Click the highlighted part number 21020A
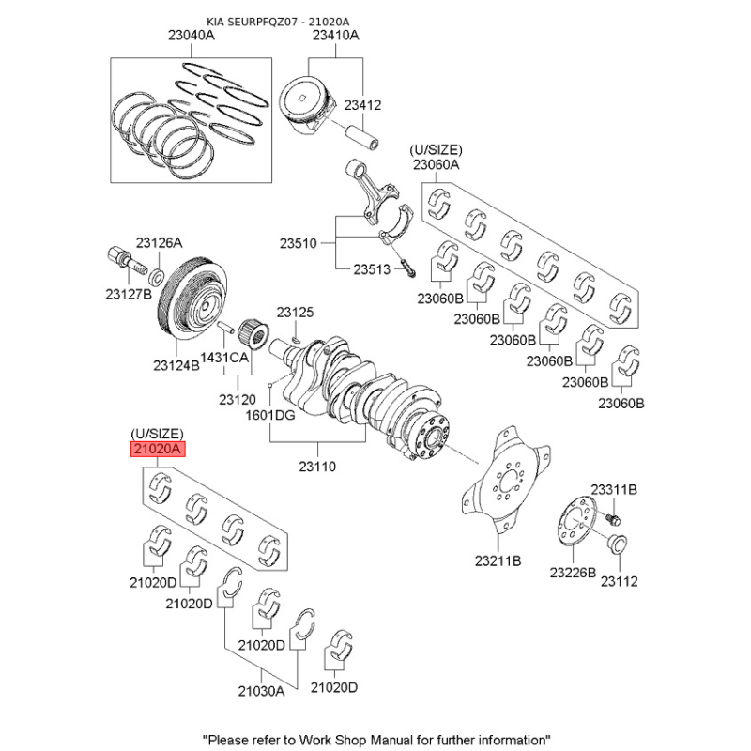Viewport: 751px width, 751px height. coord(158,450)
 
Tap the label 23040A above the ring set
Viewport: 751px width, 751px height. coord(192,35)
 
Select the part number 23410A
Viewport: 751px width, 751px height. coord(336,35)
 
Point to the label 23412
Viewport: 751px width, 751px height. coord(362,105)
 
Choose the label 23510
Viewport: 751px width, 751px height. coord(299,243)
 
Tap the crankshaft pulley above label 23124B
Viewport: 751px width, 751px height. coord(192,299)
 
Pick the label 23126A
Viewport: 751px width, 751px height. coord(159,243)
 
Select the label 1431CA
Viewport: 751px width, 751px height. coord(224,358)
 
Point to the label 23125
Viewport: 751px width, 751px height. coord(295,313)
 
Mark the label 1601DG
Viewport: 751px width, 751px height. coord(270,415)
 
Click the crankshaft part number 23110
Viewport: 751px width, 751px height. coord(317,466)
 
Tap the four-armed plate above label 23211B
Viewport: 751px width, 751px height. coord(505,480)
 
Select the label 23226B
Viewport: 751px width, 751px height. coord(573,573)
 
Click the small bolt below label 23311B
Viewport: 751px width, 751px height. coord(613,518)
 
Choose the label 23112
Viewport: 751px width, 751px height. coord(620,581)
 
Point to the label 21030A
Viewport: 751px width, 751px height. coord(261,691)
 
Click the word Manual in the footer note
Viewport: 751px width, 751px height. coord(386,740)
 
